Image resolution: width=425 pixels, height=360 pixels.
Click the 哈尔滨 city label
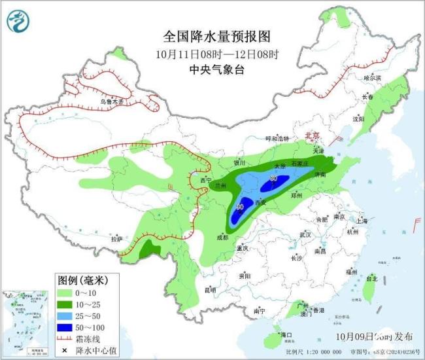371,77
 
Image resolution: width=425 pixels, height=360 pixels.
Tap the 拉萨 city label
116,240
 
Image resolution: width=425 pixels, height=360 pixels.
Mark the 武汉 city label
305,234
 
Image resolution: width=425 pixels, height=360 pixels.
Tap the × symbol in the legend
65,351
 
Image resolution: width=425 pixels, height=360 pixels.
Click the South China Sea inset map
25,323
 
